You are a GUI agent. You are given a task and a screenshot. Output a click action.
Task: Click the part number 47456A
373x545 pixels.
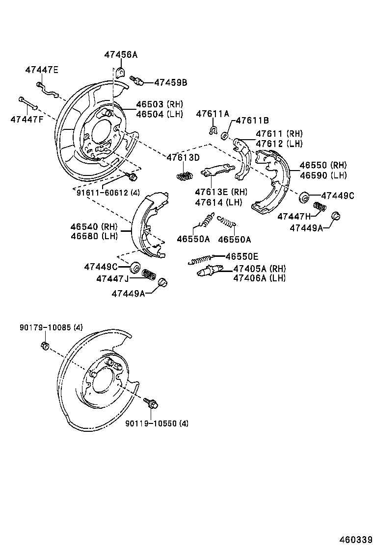[120, 55]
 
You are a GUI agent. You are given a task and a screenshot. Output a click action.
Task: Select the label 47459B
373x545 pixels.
[170, 82]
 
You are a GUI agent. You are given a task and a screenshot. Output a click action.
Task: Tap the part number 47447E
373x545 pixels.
[42, 70]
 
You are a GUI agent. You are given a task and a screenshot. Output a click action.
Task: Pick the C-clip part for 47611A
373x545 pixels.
[213, 130]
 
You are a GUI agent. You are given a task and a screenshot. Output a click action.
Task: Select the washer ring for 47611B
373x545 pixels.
[225, 135]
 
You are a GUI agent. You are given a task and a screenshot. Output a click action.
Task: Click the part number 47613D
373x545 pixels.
[183, 157]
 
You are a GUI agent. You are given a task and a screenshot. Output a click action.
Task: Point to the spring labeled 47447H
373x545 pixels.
[320, 207]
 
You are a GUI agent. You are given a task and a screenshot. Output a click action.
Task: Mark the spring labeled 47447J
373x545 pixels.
[148, 273]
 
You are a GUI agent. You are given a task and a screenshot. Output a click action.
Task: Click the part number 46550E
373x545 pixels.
[241, 256]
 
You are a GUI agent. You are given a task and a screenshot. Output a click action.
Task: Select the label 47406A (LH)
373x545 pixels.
[259, 278]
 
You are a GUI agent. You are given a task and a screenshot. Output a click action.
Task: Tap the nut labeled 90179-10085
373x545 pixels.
[45, 346]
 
